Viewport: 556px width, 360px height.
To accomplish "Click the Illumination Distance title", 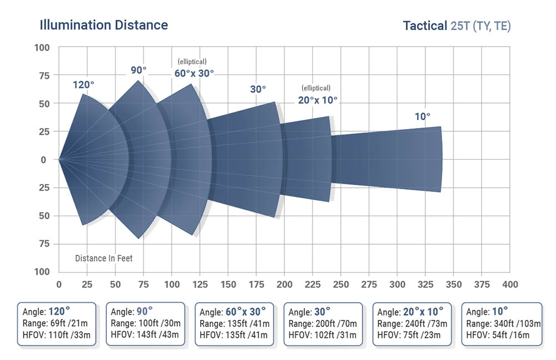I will pos(103,25).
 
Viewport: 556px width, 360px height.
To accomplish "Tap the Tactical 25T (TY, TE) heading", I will pos(456,26).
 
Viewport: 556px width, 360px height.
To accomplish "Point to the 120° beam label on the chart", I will pos(83,85).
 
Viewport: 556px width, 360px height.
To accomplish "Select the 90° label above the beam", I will pos(138,70).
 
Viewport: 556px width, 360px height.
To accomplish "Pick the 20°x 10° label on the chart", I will pos(317,100).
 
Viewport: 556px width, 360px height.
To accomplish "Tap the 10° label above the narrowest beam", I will pos(422,116).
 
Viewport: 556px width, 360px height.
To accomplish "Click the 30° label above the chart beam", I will pos(257,89).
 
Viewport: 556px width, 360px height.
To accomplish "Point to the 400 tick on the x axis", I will pos(509,285).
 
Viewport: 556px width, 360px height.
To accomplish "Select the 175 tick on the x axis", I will pos(256,285).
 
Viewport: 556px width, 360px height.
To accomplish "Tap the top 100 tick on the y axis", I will pos(42,48).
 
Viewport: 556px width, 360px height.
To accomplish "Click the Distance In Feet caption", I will pos(104,258).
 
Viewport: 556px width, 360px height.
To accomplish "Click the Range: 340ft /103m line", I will pos(500,323).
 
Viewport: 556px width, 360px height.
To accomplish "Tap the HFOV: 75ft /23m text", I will pos(409,334).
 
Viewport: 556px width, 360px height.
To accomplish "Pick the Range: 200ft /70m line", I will pos(322,323).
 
